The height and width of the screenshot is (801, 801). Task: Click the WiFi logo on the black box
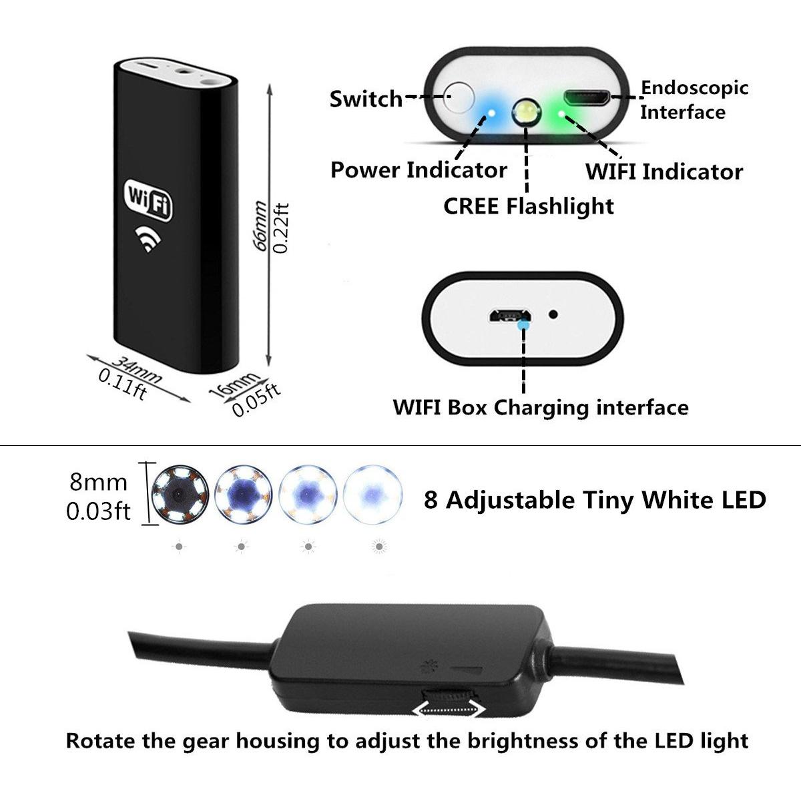tap(148, 200)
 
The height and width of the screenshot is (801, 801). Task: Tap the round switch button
tap(459, 97)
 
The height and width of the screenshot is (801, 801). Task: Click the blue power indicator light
tap(491, 113)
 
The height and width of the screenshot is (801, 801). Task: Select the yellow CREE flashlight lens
tap(526, 112)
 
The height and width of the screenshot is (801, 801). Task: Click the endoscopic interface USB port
tap(587, 97)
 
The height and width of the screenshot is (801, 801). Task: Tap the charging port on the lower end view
tap(509, 316)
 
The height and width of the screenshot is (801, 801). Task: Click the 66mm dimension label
tap(260, 226)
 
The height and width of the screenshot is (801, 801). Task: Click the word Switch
tap(366, 99)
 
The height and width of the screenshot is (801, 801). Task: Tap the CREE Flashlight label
tap(528, 206)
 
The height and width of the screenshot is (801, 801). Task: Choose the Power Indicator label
tap(419, 170)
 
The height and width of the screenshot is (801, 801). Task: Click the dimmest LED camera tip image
tap(179, 494)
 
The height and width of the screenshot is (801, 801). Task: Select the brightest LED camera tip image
tap(373, 494)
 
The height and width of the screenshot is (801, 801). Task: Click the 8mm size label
tap(99, 483)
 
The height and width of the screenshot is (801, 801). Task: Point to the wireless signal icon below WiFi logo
tap(148, 239)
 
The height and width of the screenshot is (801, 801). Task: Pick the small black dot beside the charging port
tap(553, 314)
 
